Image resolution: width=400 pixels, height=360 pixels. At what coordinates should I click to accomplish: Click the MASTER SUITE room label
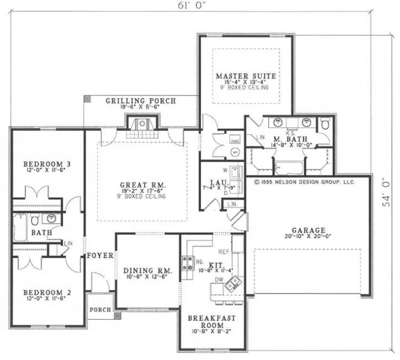pyautogui.click(x=245, y=76)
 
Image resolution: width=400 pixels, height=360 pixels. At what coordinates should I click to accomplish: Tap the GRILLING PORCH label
pyautogui.click(x=140, y=101)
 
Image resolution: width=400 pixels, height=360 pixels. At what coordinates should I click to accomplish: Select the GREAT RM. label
pyautogui.click(x=143, y=185)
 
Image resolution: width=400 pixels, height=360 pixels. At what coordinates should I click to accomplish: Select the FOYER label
pyautogui.click(x=100, y=255)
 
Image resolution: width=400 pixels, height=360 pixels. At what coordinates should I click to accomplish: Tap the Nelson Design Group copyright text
pyautogui.click(x=304, y=182)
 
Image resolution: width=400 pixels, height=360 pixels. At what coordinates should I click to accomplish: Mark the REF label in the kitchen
pyautogui.click(x=223, y=252)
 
